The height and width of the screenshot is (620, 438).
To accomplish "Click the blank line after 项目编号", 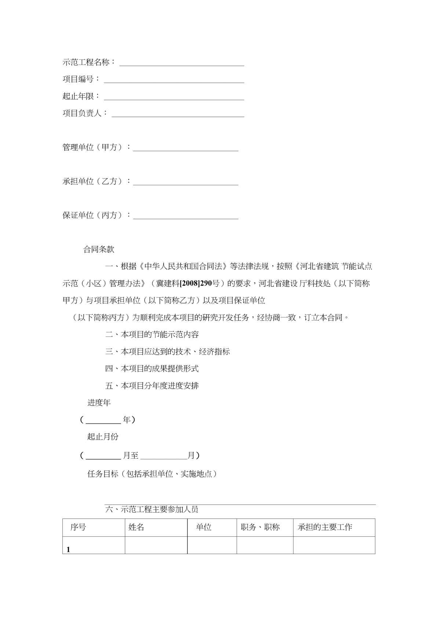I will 174,80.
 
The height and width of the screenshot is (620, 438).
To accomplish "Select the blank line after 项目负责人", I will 178,114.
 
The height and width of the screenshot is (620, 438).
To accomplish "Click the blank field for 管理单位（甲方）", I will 186,148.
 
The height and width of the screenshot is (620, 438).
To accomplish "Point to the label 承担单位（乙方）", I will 96,181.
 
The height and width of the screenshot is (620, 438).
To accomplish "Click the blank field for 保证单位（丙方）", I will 186,216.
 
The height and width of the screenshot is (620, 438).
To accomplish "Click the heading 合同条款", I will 99,250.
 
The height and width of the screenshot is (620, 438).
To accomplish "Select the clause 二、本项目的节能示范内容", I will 152,334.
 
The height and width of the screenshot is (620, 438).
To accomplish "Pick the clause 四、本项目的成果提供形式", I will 152,368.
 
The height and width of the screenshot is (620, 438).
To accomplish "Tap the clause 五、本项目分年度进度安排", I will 152,386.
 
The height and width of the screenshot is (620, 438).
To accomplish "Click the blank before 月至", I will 103,456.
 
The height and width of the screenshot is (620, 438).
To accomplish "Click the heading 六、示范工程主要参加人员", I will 152,509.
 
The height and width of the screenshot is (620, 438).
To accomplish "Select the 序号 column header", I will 78,527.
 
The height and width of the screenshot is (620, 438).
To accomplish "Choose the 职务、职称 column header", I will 260,527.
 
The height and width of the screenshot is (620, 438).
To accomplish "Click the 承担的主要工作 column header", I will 325,527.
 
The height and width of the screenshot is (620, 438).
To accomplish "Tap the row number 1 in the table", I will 68,550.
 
